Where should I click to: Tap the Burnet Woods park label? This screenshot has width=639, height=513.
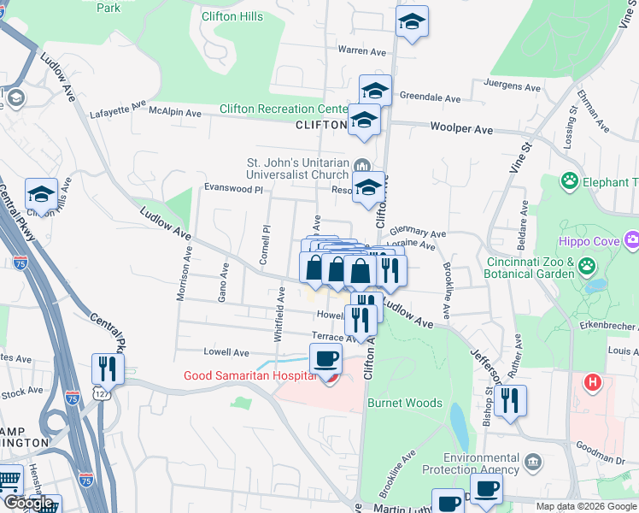[x=405, y=403]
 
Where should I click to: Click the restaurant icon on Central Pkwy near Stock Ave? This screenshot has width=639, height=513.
[x=108, y=369]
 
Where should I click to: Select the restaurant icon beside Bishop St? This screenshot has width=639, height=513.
[x=510, y=400]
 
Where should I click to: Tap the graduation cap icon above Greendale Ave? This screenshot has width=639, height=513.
[x=375, y=90]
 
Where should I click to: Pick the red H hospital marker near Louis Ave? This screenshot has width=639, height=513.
[x=592, y=381]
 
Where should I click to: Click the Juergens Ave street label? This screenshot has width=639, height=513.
[x=513, y=87]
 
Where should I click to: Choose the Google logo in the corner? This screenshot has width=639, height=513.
[x=28, y=504]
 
